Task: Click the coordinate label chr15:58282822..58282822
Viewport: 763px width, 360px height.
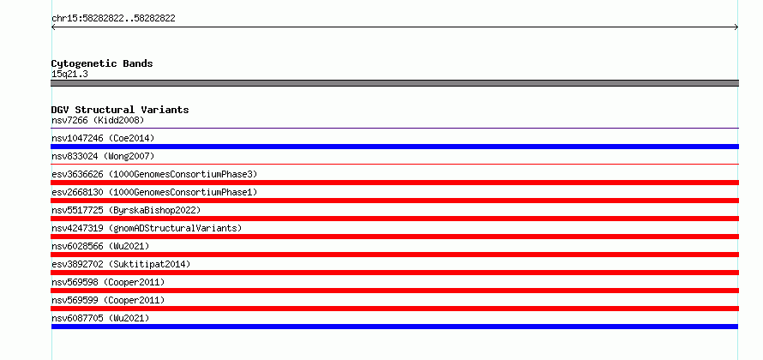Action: click(x=113, y=19)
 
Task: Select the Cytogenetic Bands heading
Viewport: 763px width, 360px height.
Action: click(x=102, y=63)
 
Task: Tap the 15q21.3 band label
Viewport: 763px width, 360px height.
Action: click(x=69, y=75)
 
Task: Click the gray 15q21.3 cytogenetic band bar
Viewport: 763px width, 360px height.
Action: click(x=394, y=83)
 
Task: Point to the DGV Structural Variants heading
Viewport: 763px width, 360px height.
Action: click(x=120, y=110)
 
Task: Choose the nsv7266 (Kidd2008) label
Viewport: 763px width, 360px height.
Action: click(x=98, y=120)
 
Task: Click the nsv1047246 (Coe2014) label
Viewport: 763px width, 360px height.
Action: click(x=103, y=138)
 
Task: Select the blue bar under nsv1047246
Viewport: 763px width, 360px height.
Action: click(x=394, y=147)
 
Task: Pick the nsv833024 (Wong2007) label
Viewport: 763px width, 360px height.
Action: click(x=103, y=156)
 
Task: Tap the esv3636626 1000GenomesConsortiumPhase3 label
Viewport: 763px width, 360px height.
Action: click(x=154, y=174)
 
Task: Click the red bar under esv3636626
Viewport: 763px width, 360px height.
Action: click(x=394, y=183)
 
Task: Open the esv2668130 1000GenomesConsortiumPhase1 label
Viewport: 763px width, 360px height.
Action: click(x=154, y=192)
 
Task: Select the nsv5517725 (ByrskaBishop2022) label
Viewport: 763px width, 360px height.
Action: click(x=126, y=210)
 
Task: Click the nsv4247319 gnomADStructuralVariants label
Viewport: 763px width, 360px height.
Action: click(x=147, y=228)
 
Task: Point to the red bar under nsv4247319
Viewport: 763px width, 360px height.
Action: click(x=394, y=237)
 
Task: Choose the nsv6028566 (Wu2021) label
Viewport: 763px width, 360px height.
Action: click(x=100, y=246)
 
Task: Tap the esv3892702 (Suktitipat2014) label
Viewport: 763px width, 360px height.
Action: click(x=121, y=264)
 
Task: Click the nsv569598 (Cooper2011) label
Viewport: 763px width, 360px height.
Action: click(x=108, y=282)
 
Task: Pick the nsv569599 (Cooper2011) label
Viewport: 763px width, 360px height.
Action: click(x=108, y=300)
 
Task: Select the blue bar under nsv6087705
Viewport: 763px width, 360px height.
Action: click(x=394, y=327)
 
